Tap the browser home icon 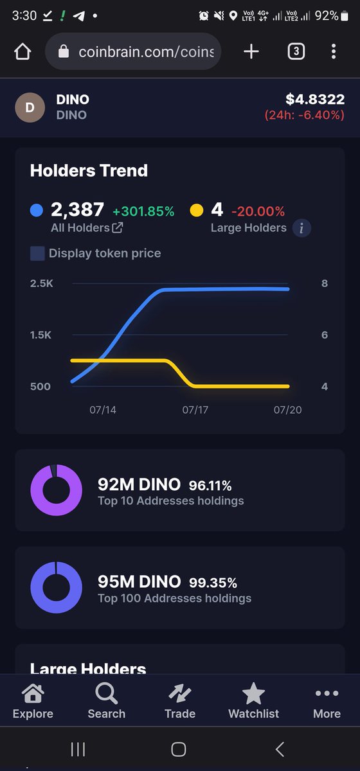pyautogui.click(x=22, y=51)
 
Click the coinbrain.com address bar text pyautogui.click(x=146, y=52)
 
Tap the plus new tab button pyautogui.click(x=251, y=51)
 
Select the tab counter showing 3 pyautogui.click(x=296, y=51)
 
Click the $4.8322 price pyautogui.click(x=315, y=99)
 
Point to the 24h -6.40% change pyautogui.click(x=305, y=115)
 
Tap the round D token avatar pyautogui.click(x=30, y=107)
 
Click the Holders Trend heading pyautogui.click(x=89, y=170)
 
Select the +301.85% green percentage pyautogui.click(x=143, y=211)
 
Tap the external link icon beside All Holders pyautogui.click(x=118, y=227)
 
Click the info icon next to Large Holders pyautogui.click(x=301, y=228)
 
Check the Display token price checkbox pyautogui.click(x=37, y=253)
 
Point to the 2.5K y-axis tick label pyautogui.click(x=42, y=283)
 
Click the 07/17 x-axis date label pyautogui.click(x=195, y=410)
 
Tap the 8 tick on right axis pyautogui.click(x=325, y=283)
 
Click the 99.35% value pyautogui.click(x=213, y=583)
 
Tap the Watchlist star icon pyautogui.click(x=253, y=693)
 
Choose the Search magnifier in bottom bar pyautogui.click(x=107, y=693)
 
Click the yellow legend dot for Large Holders pyautogui.click(x=196, y=210)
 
